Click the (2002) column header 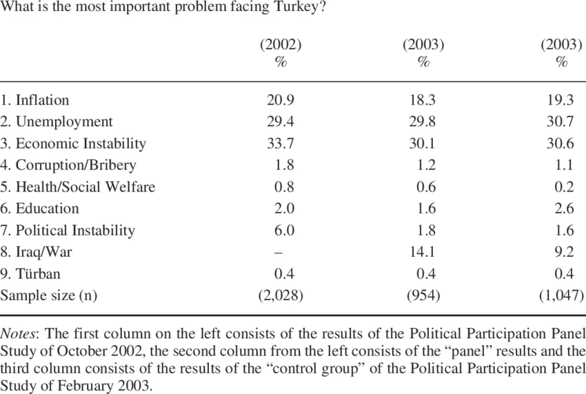(x=281, y=45)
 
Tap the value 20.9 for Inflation (x=281, y=100)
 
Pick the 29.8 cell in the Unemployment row (x=423, y=122)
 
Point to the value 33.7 (x=281, y=143)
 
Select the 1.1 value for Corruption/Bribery (x=564, y=165)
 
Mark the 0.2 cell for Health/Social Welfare (x=565, y=187)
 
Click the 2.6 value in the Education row (x=565, y=209)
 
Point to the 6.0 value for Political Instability (x=285, y=230)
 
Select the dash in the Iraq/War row (x=279, y=253)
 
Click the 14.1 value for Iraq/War (x=423, y=251)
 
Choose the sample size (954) (x=423, y=295)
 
